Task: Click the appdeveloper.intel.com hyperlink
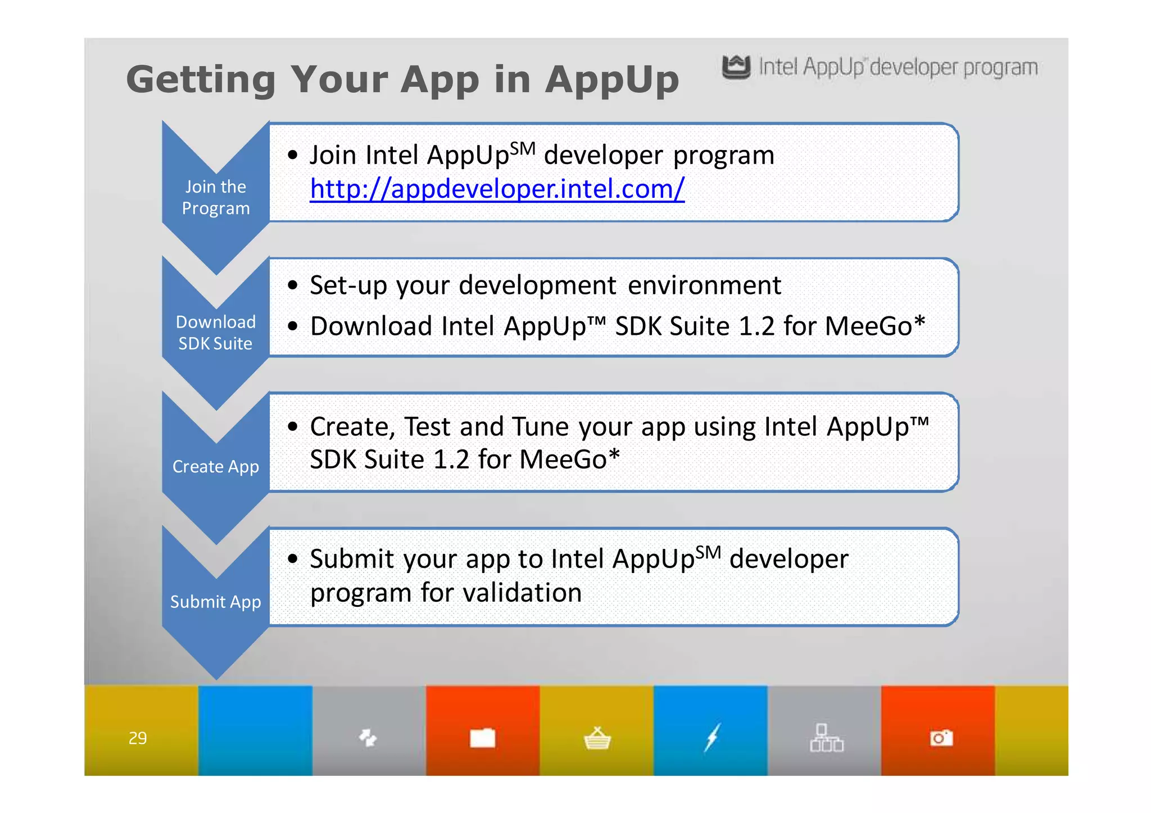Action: point(497,189)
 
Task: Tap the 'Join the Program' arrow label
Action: point(216,197)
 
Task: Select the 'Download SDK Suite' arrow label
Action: point(216,333)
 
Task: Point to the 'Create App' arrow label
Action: point(216,466)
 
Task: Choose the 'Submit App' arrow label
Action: point(216,602)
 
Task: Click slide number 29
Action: point(138,738)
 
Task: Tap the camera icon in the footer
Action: point(941,738)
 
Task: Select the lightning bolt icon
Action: point(712,737)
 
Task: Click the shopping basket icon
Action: point(597,738)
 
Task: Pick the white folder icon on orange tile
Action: point(483,738)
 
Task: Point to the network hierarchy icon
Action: point(826,738)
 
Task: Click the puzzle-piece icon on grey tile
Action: point(368,737)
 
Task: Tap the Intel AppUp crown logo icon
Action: point(736,67)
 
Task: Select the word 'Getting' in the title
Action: point(201,80)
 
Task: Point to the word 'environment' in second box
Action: point(704,285)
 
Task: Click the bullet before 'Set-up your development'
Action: point(292,285)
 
